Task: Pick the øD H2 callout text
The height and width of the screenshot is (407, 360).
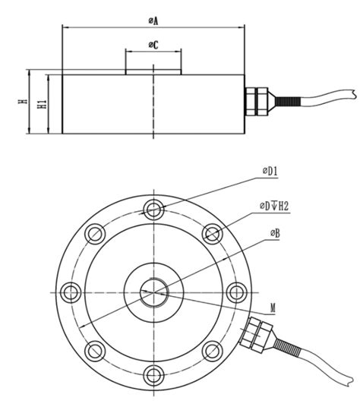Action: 275,205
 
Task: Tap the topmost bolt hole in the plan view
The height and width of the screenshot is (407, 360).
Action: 155,208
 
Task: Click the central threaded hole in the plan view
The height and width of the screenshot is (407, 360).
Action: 155,290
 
